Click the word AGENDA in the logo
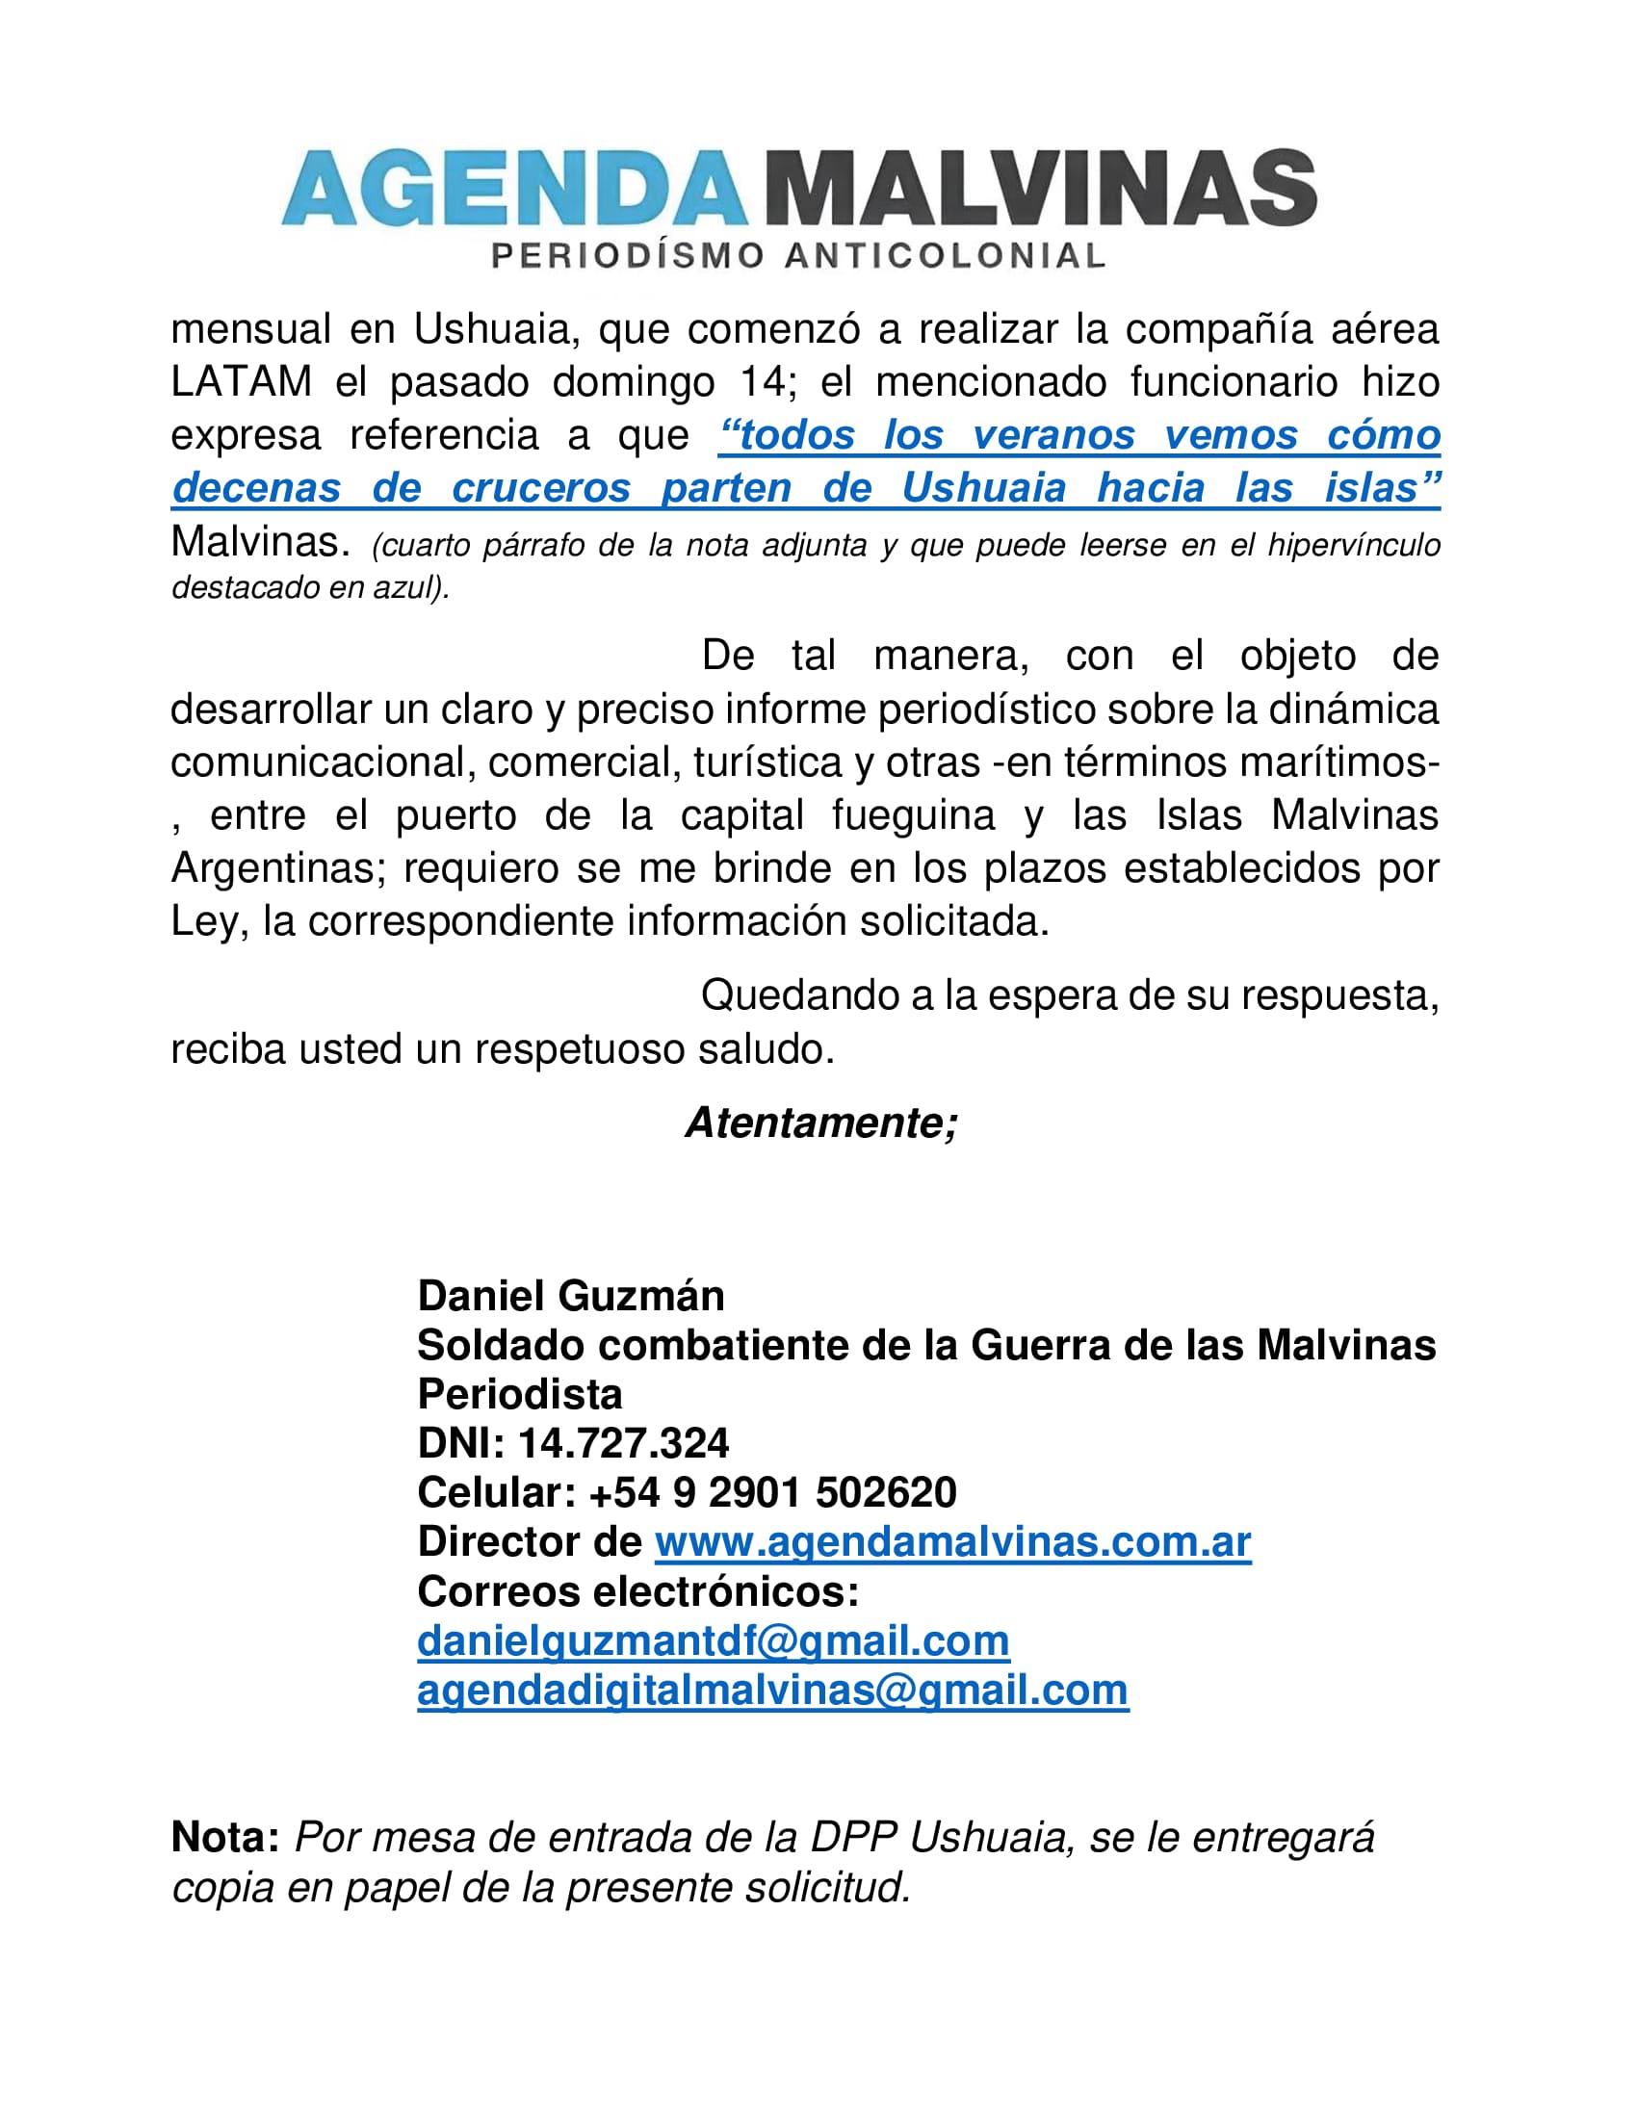(x=514, y=187)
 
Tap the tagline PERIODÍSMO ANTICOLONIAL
(x=798, y=256)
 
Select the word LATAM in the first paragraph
(x=242, y=382)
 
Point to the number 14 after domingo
(x=764, y=382)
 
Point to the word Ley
(x=202, y=921)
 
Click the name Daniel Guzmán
(x=571, y=1296)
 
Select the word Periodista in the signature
(x=520, y=1395)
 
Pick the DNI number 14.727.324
(x=624, y=1443)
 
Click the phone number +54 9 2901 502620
(x=772, y=1492)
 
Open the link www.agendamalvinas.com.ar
(x=952, y=1542)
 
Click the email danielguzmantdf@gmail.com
(x=714, y=1640)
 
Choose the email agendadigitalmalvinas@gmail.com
(x=773, y=1691)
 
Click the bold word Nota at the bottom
(x=225, y=1838)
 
